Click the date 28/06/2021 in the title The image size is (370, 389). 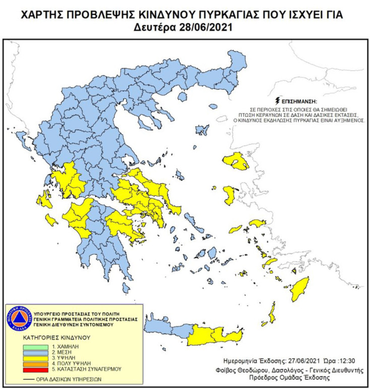pos(206,27)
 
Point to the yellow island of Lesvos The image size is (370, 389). pos(236,161)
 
